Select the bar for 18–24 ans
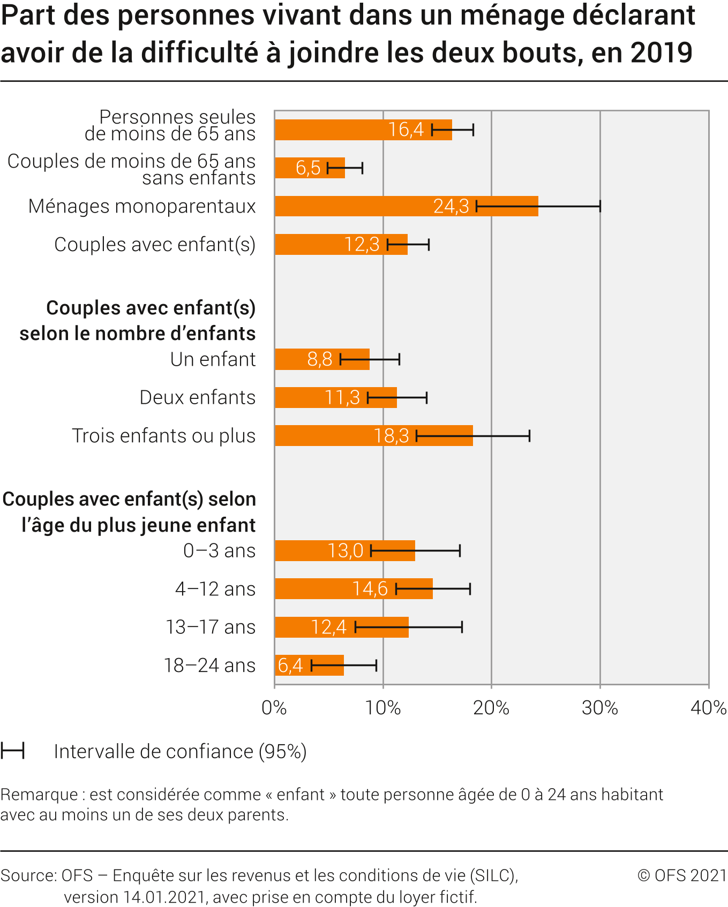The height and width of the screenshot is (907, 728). pos(321,666)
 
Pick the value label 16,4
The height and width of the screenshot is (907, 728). pos(406,130)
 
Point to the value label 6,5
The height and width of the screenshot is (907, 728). pos(308,168)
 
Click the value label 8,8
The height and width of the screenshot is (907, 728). pos(320,359)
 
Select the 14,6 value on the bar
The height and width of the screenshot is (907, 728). pos(370,589)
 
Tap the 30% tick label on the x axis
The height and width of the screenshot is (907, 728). pos(599,708)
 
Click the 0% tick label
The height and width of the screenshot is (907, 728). pos(274,708)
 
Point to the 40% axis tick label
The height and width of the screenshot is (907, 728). pos(708,708)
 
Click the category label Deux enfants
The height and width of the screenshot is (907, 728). pos(197,398)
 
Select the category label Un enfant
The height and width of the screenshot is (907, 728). pos(213,359)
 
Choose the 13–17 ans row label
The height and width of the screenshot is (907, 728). pos(211,627)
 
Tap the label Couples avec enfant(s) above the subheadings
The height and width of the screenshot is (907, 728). pos(155,245)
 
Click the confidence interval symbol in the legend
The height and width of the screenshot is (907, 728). pos(12,751)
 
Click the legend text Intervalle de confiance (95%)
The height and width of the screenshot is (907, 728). pos(180,752)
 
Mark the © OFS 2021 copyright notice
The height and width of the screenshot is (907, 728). pos(681,875)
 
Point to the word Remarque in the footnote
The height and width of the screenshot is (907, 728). pos(39,795)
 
